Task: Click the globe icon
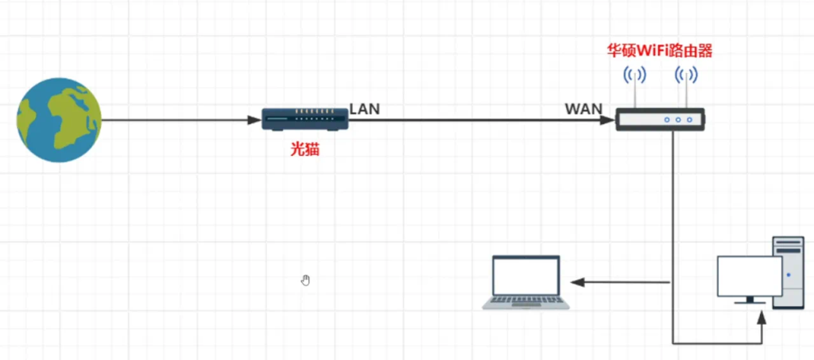tap(60, 119)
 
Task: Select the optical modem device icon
tap(305, 120)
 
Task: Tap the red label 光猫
tap(305, 149)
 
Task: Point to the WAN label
tap(583, 109)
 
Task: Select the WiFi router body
tap(661, 120)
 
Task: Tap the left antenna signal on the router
tap(634, 76)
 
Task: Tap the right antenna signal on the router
tap(686, 76)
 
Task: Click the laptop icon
tap(526, 282)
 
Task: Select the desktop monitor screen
tap(749, 275)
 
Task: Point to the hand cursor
tap(306, 280)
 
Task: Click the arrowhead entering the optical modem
tap(256, 121)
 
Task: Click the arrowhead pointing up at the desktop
tap(762, 316)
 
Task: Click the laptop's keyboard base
tap(526, 303)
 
